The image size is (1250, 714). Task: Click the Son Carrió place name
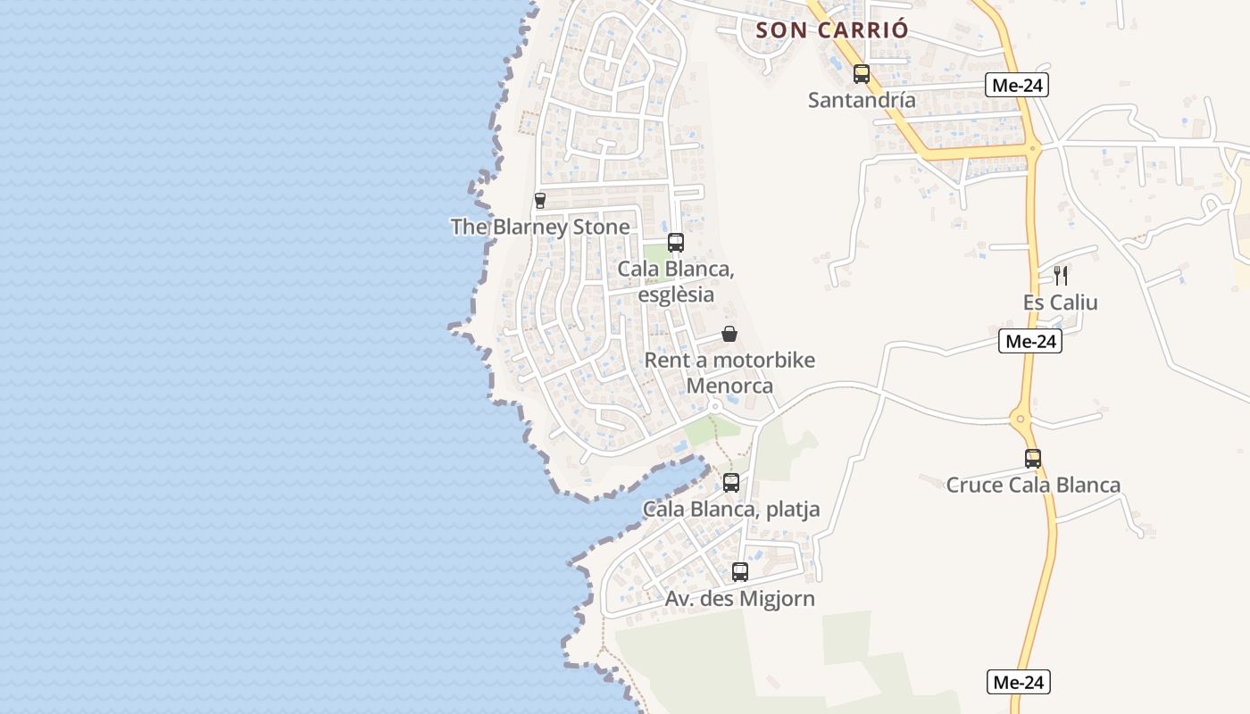coord(832,29)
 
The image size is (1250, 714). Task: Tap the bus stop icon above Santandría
coord(862,74)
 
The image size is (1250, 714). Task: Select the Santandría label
coord(862,100)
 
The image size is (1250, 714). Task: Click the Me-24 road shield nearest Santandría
coord(1017,86)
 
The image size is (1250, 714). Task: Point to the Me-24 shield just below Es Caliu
coord(1031,341)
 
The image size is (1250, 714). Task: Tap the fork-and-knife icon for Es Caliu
coord(1061,275)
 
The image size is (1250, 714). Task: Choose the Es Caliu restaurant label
coord(1061,303)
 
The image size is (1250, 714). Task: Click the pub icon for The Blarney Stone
coord(539,201)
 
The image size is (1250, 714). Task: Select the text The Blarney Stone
coord(540,228)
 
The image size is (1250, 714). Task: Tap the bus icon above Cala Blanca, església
coord(676,243)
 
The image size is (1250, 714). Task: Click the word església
coord(677,294)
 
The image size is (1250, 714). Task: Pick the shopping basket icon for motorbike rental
coord(729,335)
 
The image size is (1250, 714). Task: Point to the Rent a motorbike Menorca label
coord(729,373)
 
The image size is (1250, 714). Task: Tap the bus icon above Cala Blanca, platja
coord(731,483)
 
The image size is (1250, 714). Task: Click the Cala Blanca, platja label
coord(731,510)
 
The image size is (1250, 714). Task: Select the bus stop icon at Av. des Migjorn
coord(740,572)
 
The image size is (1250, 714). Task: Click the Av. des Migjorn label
coord(740,599)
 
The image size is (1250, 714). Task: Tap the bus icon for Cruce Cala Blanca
coord(1033,459)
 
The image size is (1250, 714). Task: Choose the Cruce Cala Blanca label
coord(1033,486)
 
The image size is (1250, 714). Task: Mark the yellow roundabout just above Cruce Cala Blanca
coord(1021,418)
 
